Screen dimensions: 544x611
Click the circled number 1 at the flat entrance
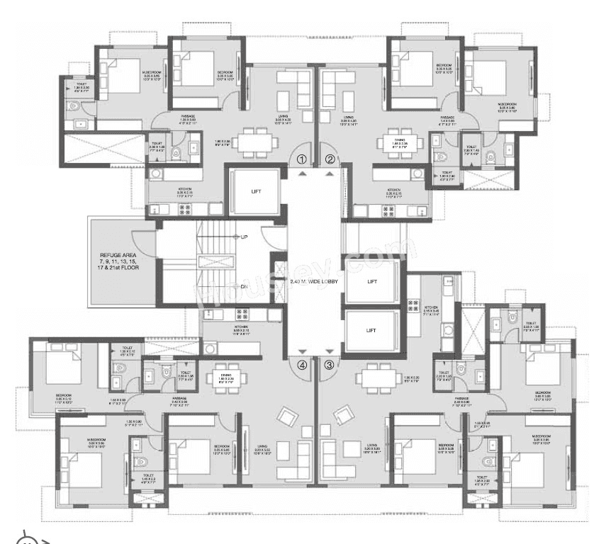tap(302, 159)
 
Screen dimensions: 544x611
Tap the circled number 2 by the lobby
tap(330, 159)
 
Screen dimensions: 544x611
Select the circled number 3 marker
tap(329, 365)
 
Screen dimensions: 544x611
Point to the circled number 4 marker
tap(302, 365)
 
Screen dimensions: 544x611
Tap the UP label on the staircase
tap(243, 237)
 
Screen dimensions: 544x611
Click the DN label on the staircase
tap(243, 287)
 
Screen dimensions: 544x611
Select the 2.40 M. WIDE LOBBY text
tap(314, 281)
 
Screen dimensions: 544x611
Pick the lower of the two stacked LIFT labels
tap(370, 331)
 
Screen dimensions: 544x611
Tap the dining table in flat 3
tap(375, 377)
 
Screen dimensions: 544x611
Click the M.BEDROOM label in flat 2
tap(506, 104)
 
